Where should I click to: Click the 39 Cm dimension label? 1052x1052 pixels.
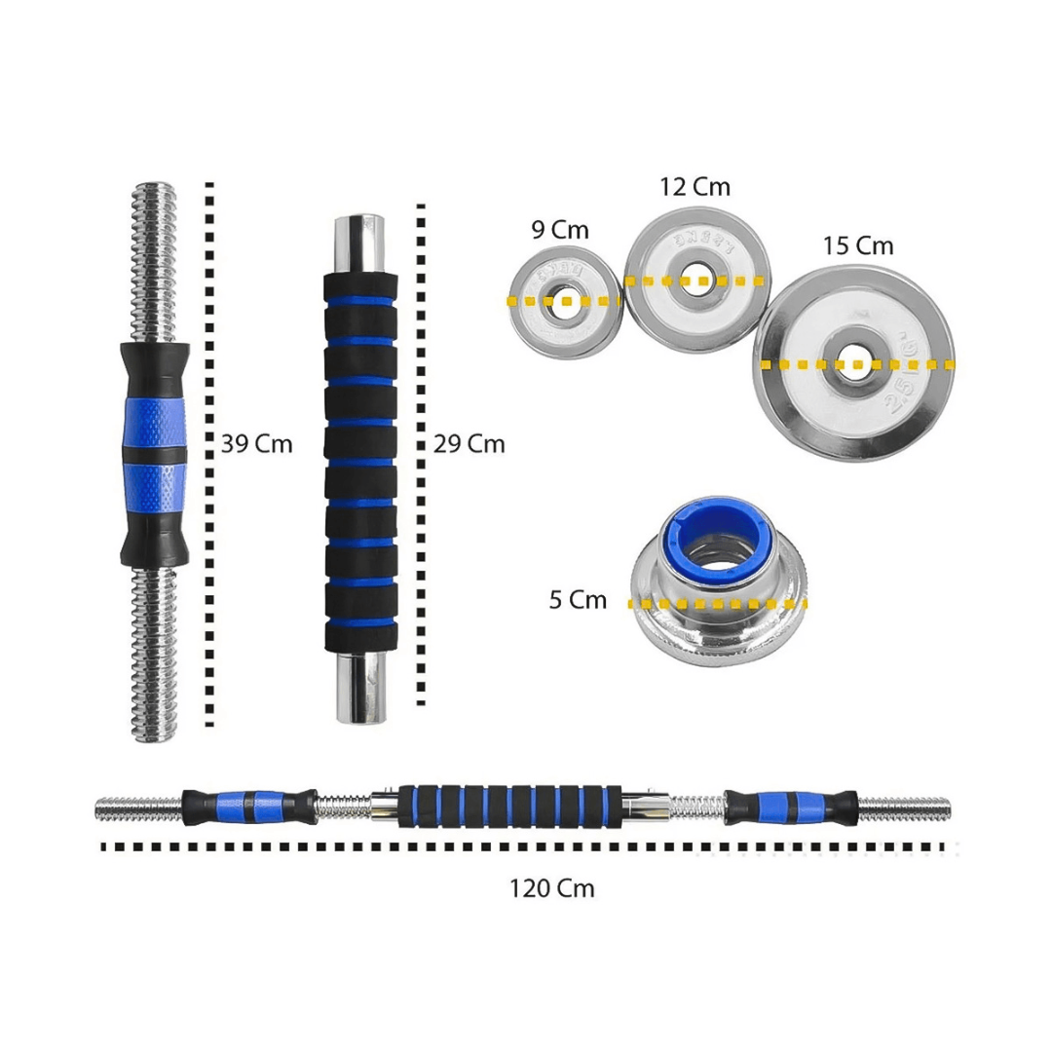click(256, 444)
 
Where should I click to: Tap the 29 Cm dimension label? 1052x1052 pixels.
click(470, 444)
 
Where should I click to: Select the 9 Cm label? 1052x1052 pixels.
click(560, 230)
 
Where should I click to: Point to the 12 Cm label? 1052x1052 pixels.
click(695, 187)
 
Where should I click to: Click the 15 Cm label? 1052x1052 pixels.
click(857, 245)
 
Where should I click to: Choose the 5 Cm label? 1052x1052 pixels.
click(578, 600)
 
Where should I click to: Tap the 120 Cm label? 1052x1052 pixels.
click(551, 888)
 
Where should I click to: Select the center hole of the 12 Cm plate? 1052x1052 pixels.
click(696, 281)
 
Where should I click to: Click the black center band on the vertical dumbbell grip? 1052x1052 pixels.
click(153, 456)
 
